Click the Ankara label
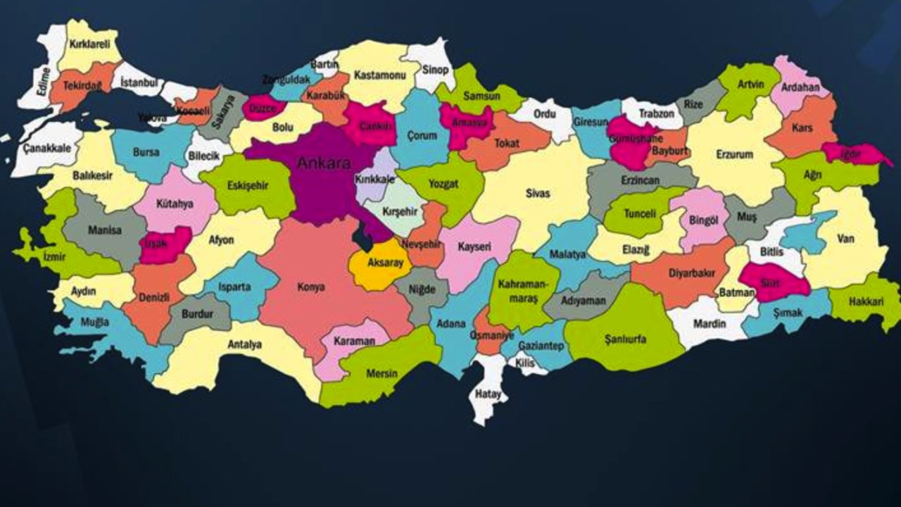[323, 163]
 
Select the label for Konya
[310, 287]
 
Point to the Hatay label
[488, 394]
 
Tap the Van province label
[845, 239]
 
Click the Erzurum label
[734, 154]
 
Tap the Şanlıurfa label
[625, 339]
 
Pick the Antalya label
[244, 344]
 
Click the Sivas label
[538, 193]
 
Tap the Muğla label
[95, 323]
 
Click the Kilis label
[524, 361]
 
